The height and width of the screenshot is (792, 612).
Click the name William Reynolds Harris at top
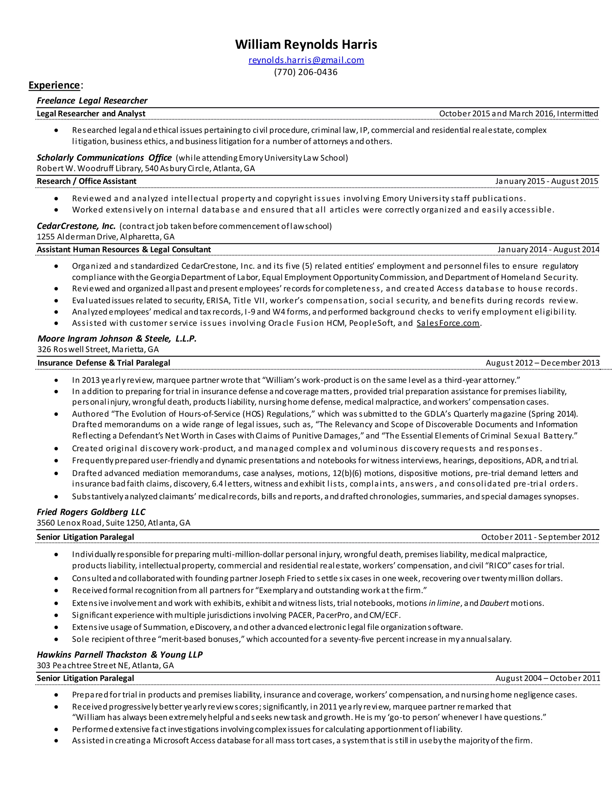pyautogui.click(x=306, y=45)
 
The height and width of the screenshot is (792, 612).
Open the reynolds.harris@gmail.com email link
pyautogui.click(x=306, y=60)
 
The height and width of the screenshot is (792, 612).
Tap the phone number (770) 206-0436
pyautogui.click(x=306, y=72)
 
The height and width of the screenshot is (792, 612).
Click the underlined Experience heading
pyautogui.click(x=54, y=85)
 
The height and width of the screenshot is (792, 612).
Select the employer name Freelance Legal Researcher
pyautogui.click(x=92, y=100)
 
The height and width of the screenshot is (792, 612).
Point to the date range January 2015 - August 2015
pyautogui.click(x=546, y=181)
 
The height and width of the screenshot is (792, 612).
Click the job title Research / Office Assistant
pyautogui.click(x=87, y=181)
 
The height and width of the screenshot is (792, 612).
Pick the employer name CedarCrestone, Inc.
pyautogui.click(x=76, y=226)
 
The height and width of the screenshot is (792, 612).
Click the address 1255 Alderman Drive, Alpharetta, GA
pyautogui.click(x=105, y=237)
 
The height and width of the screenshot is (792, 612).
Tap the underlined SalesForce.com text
pyautogui.click(x=448, y=323)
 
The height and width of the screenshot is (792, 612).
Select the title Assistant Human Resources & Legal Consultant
pyautogui.click(x=124, y=250)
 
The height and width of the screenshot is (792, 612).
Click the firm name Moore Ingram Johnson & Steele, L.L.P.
pyautogui.click(x=117, y=339)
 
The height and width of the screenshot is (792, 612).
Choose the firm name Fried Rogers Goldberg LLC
pyautogui.click(x=91, y=512)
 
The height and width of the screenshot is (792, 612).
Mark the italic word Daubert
pyautogui.click(x=494, y=603)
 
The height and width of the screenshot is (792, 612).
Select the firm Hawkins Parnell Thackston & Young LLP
pyautogui.click(x=120, y=655)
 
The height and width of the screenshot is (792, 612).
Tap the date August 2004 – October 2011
pyautogui.click(x=547, y=678)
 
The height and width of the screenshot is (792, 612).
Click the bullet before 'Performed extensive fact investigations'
pyautogui.click(x=56, y=729)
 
